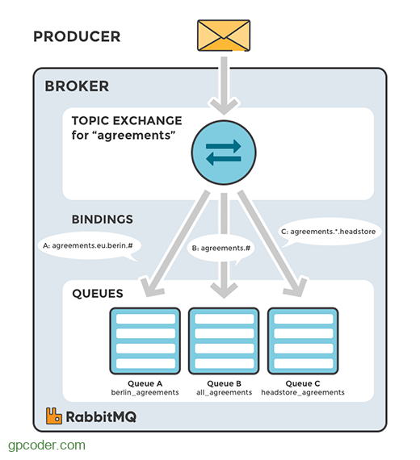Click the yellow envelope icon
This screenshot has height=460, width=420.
(222, 36)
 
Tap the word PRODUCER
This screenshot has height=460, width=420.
(77, 36)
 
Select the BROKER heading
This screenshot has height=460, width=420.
(77, 86)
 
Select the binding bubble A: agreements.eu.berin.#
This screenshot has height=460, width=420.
(87, 245)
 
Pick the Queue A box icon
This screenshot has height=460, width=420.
(143, 339)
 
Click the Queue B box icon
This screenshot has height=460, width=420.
(224, 339)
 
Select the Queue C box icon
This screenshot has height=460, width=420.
(303, 339)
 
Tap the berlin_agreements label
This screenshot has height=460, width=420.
(143, 392)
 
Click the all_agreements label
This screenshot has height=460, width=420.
(224, 392)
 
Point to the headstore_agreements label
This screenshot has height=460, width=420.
(303, 392)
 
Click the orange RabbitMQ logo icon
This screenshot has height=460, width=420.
(54, 417)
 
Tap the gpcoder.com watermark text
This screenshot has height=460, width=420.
(46, 445)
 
